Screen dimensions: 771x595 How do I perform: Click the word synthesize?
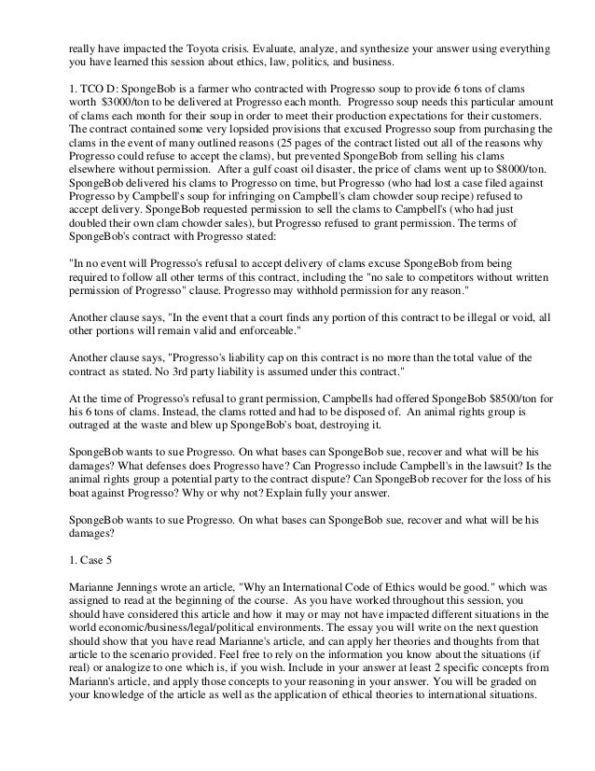[x=443, y=47]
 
